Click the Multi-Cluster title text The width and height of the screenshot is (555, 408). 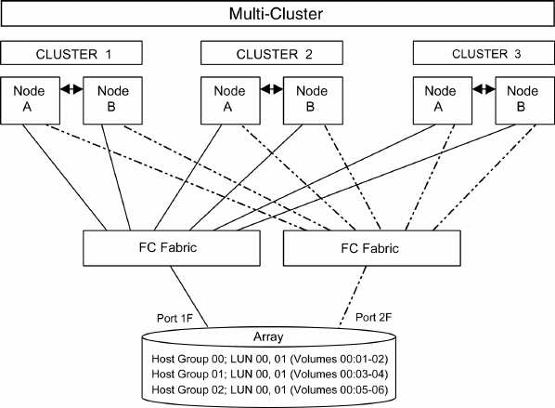[276, 14]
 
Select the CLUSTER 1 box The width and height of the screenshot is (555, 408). [71, 53]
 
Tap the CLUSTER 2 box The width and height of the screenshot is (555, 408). [272, 53]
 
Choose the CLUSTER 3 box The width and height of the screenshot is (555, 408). [484, 53]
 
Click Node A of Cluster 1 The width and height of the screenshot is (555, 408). [30, 100]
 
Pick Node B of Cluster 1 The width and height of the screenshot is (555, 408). [112, 100]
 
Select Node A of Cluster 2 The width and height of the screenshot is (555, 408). [230, 100]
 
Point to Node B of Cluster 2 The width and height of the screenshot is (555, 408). [313, 100]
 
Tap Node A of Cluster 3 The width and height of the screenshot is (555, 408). [443, 100]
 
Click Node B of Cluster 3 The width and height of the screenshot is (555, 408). [525, 100]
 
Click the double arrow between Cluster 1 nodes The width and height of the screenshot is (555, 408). [71, 89]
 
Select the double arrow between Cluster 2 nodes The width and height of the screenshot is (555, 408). [272, 89]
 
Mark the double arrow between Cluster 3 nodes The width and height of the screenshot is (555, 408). [484, 89]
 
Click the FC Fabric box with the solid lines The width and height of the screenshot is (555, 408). [172, 248]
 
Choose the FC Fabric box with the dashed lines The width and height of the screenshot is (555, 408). [371, 248]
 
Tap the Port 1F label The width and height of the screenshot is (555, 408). [174, 319]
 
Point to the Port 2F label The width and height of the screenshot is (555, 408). [373, 317]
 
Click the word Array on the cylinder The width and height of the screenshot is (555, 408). [268, 336]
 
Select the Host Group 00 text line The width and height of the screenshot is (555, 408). [270, 359]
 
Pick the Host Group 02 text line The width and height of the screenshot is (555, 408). [270, 390]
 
